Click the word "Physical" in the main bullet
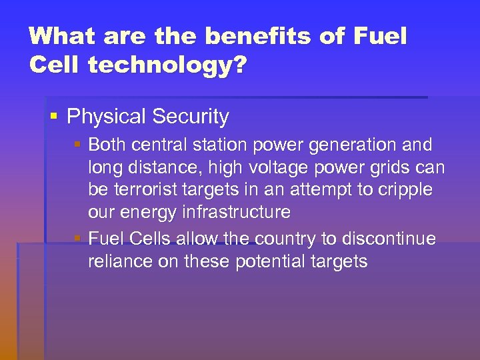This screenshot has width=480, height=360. tap(107, 117)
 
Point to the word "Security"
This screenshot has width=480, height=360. tap(190, 117)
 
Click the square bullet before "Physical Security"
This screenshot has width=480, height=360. tap(54, 117)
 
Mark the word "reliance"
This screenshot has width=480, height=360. tap(117, 261)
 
